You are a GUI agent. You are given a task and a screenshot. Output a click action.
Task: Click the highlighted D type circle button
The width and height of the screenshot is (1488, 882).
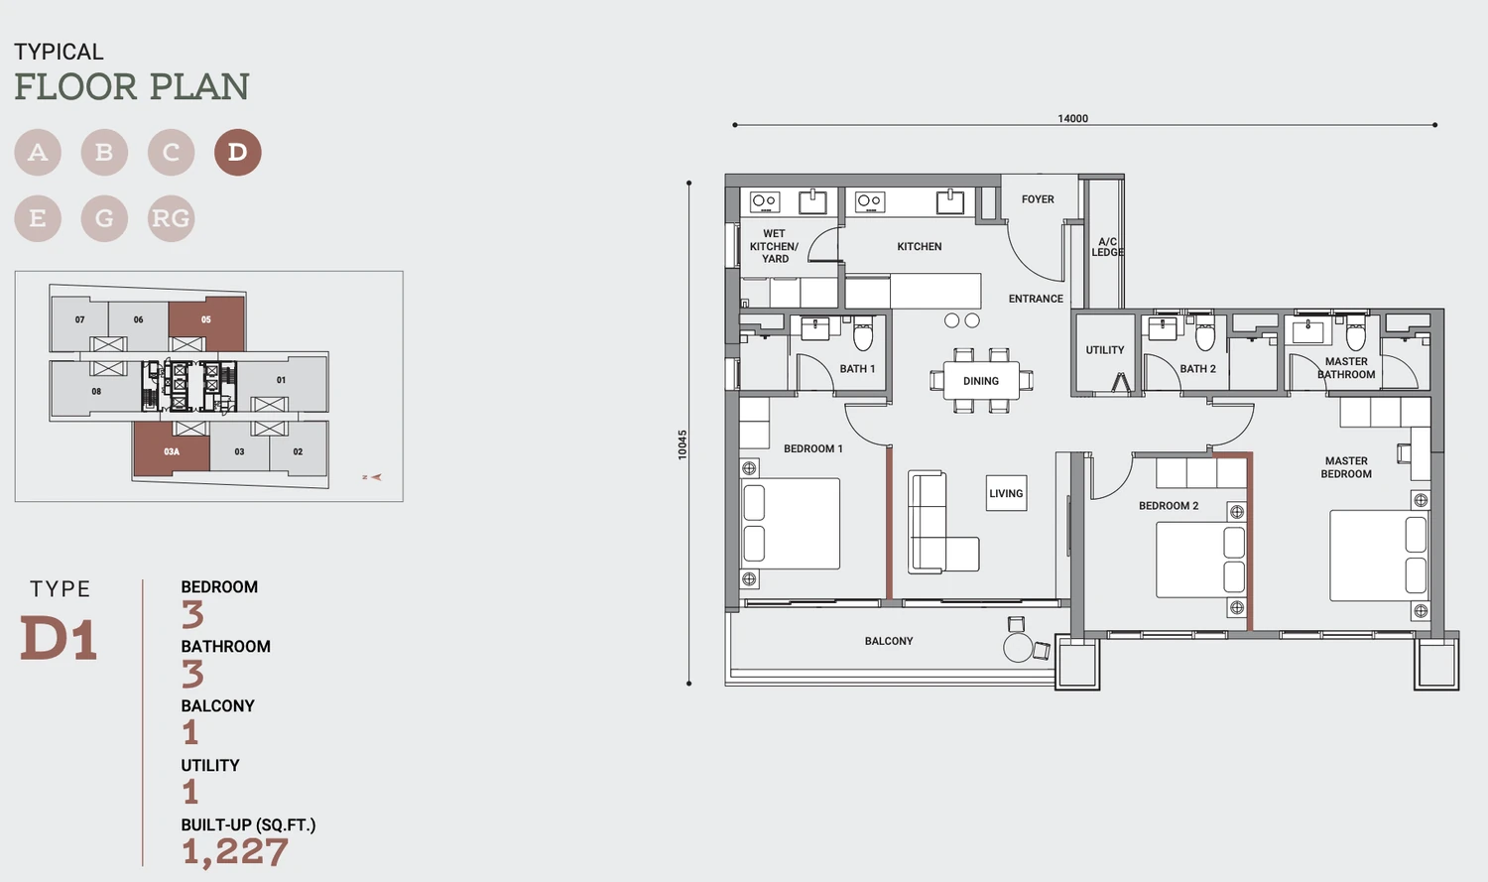[x=237, y=152]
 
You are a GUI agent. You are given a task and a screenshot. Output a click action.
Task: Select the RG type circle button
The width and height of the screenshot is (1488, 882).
[x=171, y=218]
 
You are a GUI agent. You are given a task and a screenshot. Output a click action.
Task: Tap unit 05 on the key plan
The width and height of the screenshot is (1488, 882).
[x=206, y=322]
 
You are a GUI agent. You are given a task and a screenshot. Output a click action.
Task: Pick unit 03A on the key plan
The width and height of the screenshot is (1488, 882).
[x=172, y=449]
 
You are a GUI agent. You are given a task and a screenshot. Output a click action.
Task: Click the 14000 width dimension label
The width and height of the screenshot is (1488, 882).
[x=1072, y=118]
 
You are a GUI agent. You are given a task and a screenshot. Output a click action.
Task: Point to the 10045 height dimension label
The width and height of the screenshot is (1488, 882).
[x=682, y=444]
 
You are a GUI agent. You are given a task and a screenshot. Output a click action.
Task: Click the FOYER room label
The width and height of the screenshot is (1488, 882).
[x=1038, y=199]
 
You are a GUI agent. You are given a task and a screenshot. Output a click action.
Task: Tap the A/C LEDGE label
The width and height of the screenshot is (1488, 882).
[x=1107, y=247]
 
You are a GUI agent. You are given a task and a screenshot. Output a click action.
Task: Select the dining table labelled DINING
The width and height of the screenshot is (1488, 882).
[x=981, y=381]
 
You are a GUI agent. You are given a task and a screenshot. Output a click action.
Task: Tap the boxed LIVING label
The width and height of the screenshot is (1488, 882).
[x=1006, y=493]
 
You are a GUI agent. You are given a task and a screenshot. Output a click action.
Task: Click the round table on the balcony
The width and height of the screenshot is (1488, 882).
[x=1017, y=648]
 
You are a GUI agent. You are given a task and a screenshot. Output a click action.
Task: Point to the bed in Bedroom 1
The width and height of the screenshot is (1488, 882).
[x=791, y=524]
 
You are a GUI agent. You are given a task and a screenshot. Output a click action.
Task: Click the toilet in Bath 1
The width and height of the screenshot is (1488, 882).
[x=863, y=334]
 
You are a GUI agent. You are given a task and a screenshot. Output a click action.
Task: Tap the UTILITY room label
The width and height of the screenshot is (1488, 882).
[x=1105, y=350]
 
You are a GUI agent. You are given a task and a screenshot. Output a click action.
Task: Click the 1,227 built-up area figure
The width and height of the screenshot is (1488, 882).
[x=234, y=852]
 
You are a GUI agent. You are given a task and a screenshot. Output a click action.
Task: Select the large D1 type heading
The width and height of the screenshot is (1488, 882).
[x=60, y=639]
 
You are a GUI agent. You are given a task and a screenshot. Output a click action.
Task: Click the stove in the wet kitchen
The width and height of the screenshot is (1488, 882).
[x=765, y=201]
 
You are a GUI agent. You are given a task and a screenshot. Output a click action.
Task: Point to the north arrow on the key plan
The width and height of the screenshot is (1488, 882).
[x=372, y=477]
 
